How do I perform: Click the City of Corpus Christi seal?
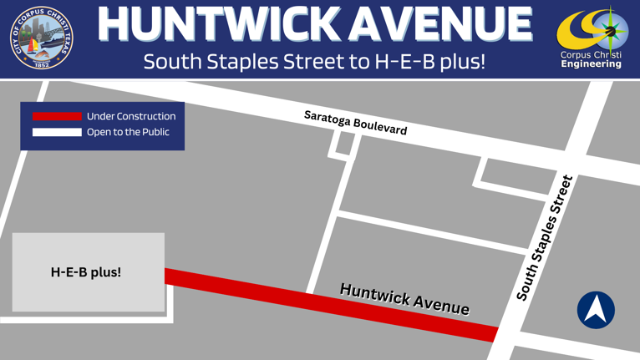[x=42, y=38]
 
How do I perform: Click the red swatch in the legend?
[x=57, y=116]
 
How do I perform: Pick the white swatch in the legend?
[x=57, y=132]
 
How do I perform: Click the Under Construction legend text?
[x=131, y=116]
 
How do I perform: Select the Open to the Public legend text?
[x=128, y=132]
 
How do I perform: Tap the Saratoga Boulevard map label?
[x=355, y=123]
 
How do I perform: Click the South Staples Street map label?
[x=545, y=238]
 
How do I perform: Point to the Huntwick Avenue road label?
[x=404, y=299]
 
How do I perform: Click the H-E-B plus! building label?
[x=86, y=272]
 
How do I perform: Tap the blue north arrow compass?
[x=596, y=309]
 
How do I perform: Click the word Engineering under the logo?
[x=592, y=64]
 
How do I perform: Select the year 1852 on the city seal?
[x=42, y=64]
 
